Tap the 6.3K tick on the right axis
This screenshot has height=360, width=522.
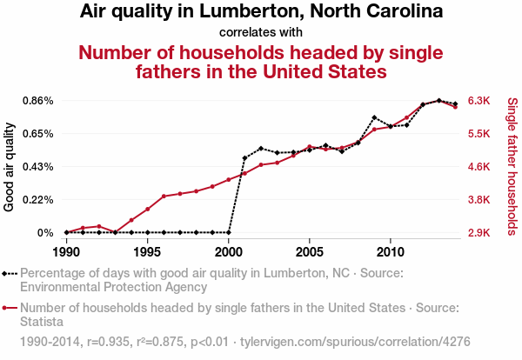[480, 101]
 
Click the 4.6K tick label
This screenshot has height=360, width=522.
[480, 167]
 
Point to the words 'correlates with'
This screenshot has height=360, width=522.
[261, 32]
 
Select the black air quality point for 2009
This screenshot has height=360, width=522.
[374, 117]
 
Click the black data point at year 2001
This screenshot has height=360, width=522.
[244, 158]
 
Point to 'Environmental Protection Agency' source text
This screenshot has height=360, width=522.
[113, 286]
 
